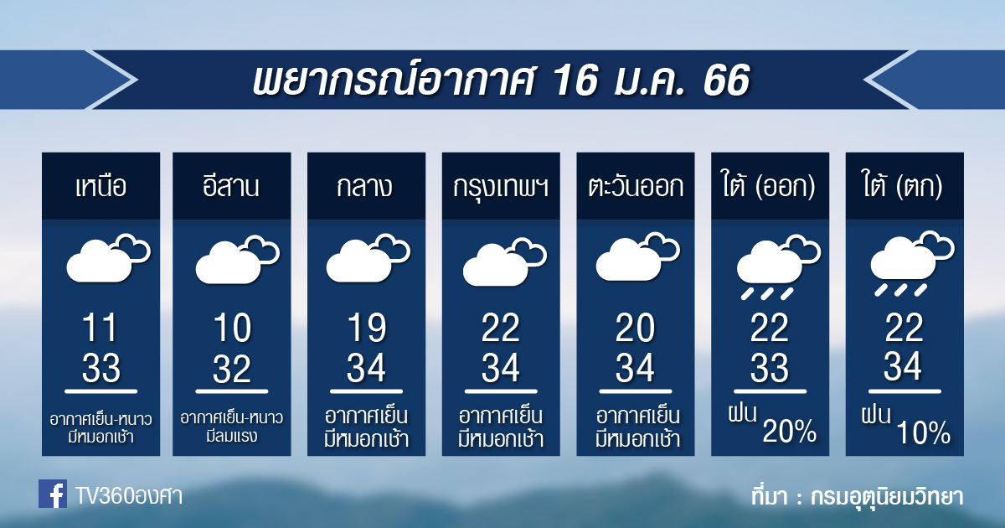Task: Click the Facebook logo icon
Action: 53,494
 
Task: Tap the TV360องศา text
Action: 129,496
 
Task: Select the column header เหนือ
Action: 101,187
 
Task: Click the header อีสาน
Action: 231,186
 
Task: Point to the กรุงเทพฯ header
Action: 501,188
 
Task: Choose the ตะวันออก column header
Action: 636,187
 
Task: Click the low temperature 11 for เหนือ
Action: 100,328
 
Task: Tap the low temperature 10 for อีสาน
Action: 231,328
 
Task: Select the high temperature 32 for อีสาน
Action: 231,369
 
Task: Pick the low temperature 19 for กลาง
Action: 366,328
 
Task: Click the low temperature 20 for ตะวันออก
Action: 636,328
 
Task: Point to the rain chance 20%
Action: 789,431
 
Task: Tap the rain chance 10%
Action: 923,432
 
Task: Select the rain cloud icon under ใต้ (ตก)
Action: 913,263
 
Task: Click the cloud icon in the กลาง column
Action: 368,258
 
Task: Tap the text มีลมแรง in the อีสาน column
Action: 231,436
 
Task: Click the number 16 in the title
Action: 575,80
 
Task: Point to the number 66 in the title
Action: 727,80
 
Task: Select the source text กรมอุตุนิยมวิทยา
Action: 887,497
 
